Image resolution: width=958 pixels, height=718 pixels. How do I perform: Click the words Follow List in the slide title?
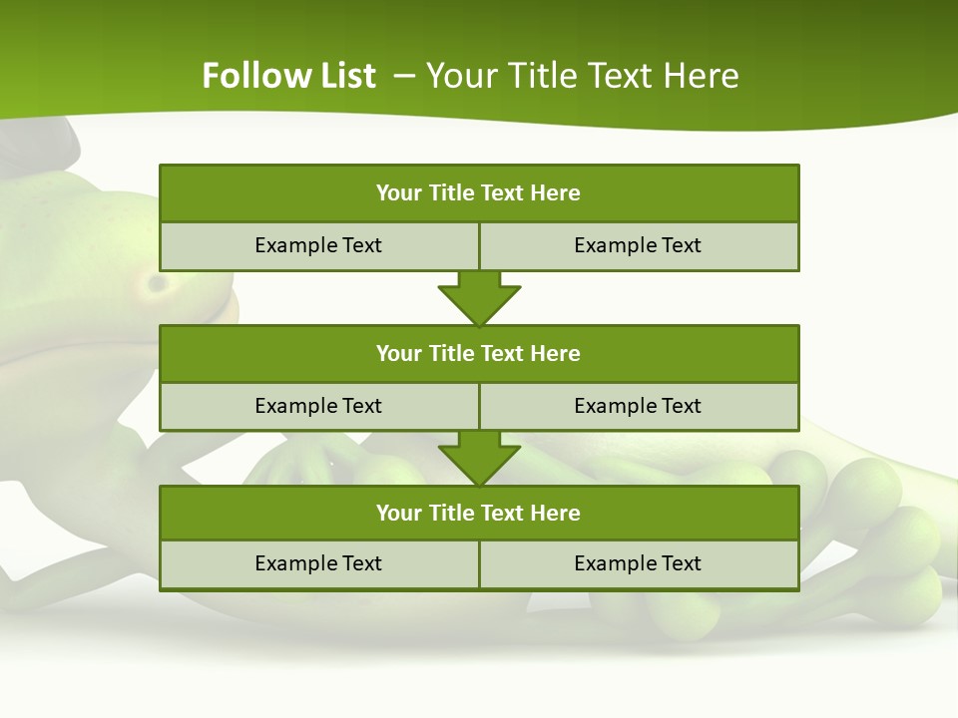pos(288,76)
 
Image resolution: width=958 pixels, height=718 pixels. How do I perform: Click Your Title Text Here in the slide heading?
pos(582,76)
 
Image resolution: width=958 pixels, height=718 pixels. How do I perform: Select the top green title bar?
pos(479,193)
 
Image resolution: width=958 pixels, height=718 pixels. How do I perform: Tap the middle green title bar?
pos(479,354)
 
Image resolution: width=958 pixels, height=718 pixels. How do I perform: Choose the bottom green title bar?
pos(479,514)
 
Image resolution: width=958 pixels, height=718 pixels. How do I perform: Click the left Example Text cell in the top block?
pos(318,245)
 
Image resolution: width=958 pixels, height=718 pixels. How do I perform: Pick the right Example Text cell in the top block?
pos(638,245)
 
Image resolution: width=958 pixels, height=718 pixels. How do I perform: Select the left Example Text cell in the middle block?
pos(318,406)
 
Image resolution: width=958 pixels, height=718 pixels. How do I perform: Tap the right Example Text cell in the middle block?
pos(638,406)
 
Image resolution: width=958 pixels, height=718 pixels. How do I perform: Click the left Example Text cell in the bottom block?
pos(318,563)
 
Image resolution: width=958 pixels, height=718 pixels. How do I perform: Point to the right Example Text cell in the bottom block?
pos(638,563)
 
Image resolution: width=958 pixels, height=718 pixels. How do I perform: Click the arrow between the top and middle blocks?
pos(479,298)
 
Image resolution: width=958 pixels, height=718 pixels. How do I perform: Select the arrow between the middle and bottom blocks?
pos(479,459)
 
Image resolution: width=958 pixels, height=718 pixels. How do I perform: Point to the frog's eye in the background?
pos(157,284)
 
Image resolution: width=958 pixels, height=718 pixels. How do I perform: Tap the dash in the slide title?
pos(405,76)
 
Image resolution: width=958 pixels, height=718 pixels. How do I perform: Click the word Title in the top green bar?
pos(452,193)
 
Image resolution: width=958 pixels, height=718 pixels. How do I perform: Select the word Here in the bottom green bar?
pos(556,514)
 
